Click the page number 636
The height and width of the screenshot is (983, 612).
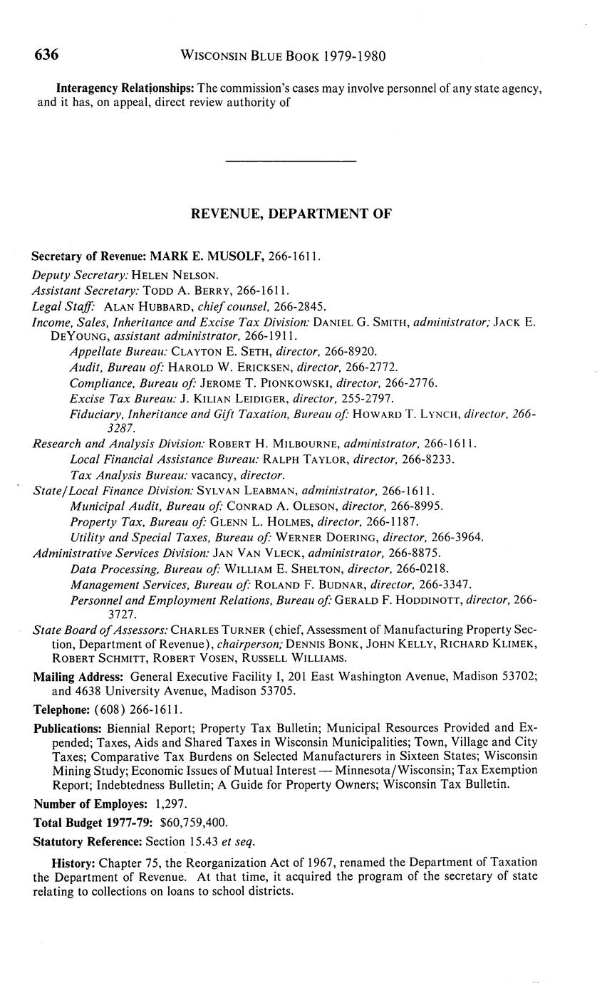coord(46,56)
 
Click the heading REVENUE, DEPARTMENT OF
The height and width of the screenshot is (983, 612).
coord(291,214)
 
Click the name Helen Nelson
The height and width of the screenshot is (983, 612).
coord(175,274)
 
